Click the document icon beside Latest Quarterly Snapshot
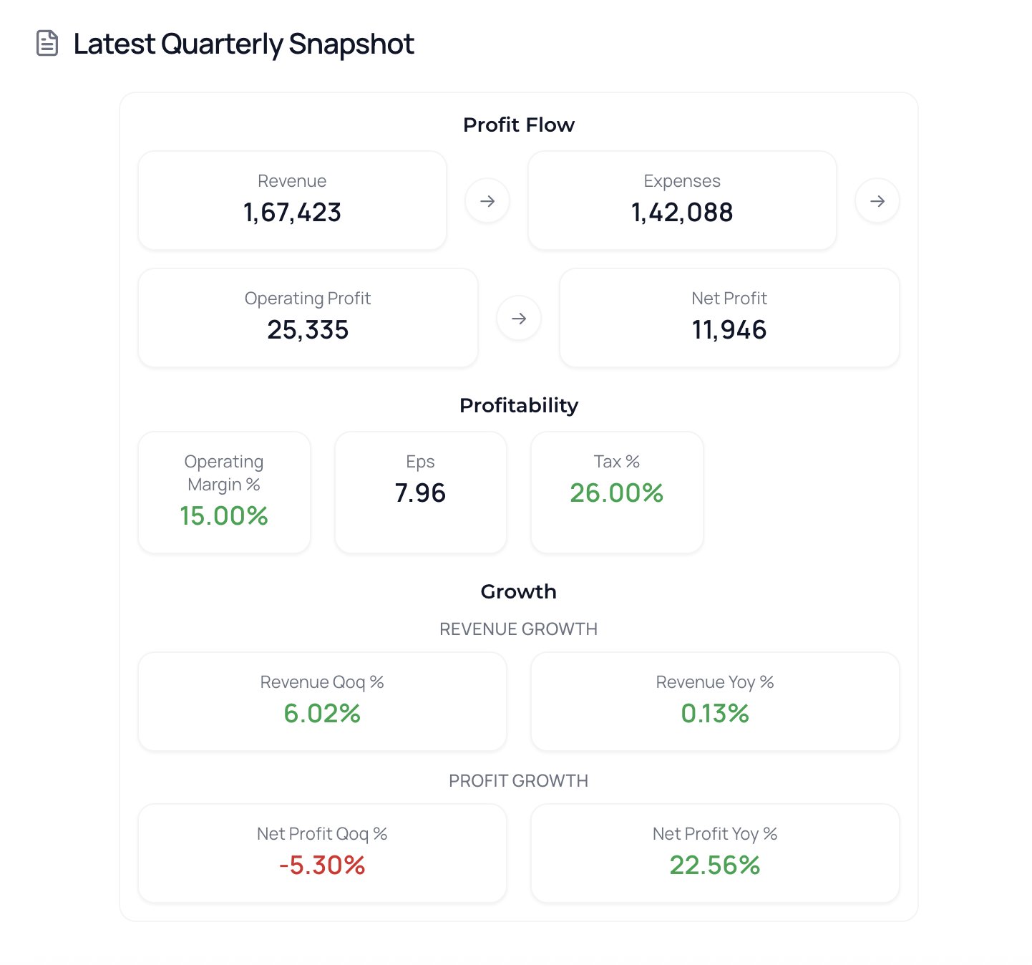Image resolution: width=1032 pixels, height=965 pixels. tap(47, 44)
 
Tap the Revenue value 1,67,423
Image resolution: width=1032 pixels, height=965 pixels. tap(292, 213)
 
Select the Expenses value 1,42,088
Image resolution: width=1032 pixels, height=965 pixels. tap(682, 213)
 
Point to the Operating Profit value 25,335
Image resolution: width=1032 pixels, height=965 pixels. tap(308, 330)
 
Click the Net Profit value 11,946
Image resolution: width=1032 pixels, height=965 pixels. tap(729, 330)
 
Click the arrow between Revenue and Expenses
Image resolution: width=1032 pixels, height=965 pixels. tap(487, 201)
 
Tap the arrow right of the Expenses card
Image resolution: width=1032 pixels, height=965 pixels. tap(877, 201)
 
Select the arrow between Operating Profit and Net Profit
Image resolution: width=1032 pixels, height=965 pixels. tap(519, 319)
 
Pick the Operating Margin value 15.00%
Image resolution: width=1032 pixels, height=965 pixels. tap(224, 516)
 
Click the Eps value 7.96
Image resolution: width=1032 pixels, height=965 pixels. tap(420, 493)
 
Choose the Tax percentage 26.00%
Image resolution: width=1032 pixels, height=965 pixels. tap(617, 493)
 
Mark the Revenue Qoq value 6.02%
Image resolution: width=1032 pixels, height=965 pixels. tap(322, 714)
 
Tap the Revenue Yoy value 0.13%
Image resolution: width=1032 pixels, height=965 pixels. tap(715, 714)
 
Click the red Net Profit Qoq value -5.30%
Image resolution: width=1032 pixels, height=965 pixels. tap(322, 865)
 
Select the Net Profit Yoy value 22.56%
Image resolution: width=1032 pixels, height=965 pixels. tap(715, 865)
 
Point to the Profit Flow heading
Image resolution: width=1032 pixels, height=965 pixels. tap(519, 125)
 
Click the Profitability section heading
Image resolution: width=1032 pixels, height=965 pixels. tap(519, 405)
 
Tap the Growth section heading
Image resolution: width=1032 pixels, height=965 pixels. tap(519, 591)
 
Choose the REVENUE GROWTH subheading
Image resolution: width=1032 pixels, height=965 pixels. tap(519, 629)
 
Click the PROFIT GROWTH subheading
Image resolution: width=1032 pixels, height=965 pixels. tap(519, 781)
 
